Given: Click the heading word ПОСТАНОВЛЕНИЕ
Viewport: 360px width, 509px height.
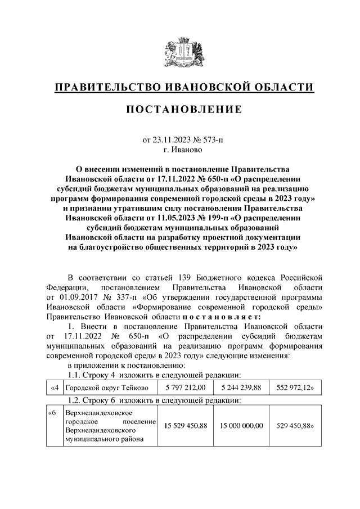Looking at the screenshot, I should [179, 109].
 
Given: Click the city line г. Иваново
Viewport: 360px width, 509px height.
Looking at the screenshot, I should [179, 149].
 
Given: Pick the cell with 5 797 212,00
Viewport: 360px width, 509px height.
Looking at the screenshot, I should [186, 388].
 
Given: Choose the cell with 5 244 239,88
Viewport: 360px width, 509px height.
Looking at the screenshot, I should [242, 388].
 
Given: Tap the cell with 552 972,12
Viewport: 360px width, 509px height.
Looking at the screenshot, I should [296, 388].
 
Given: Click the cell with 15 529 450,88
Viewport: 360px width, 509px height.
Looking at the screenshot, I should [186, 426].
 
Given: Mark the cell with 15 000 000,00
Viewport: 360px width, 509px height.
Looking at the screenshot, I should [242, 426].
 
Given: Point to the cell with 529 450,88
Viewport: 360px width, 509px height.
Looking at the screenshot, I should [296, 426].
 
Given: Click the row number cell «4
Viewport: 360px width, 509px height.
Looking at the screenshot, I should [54, 388].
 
